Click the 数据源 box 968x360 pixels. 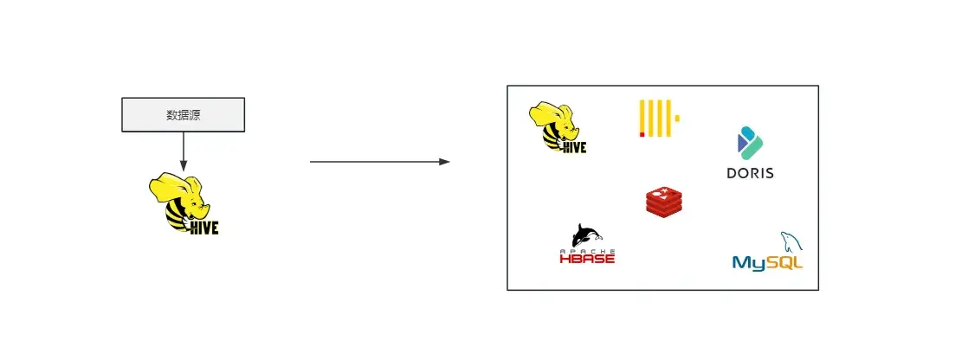point(183,114)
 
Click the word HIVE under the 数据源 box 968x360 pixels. point(204,228)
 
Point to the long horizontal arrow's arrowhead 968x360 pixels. point(444,162)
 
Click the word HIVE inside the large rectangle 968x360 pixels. point(574,147)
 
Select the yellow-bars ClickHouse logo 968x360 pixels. point(658,119)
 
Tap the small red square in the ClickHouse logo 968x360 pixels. point(642,134)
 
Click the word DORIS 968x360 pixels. point(750,172)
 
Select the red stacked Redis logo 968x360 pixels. point(664,201)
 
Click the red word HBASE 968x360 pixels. point(587,258)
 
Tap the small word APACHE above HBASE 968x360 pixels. point(587,249)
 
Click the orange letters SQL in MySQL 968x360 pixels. point(784,261)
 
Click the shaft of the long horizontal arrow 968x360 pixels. point(372,162)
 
